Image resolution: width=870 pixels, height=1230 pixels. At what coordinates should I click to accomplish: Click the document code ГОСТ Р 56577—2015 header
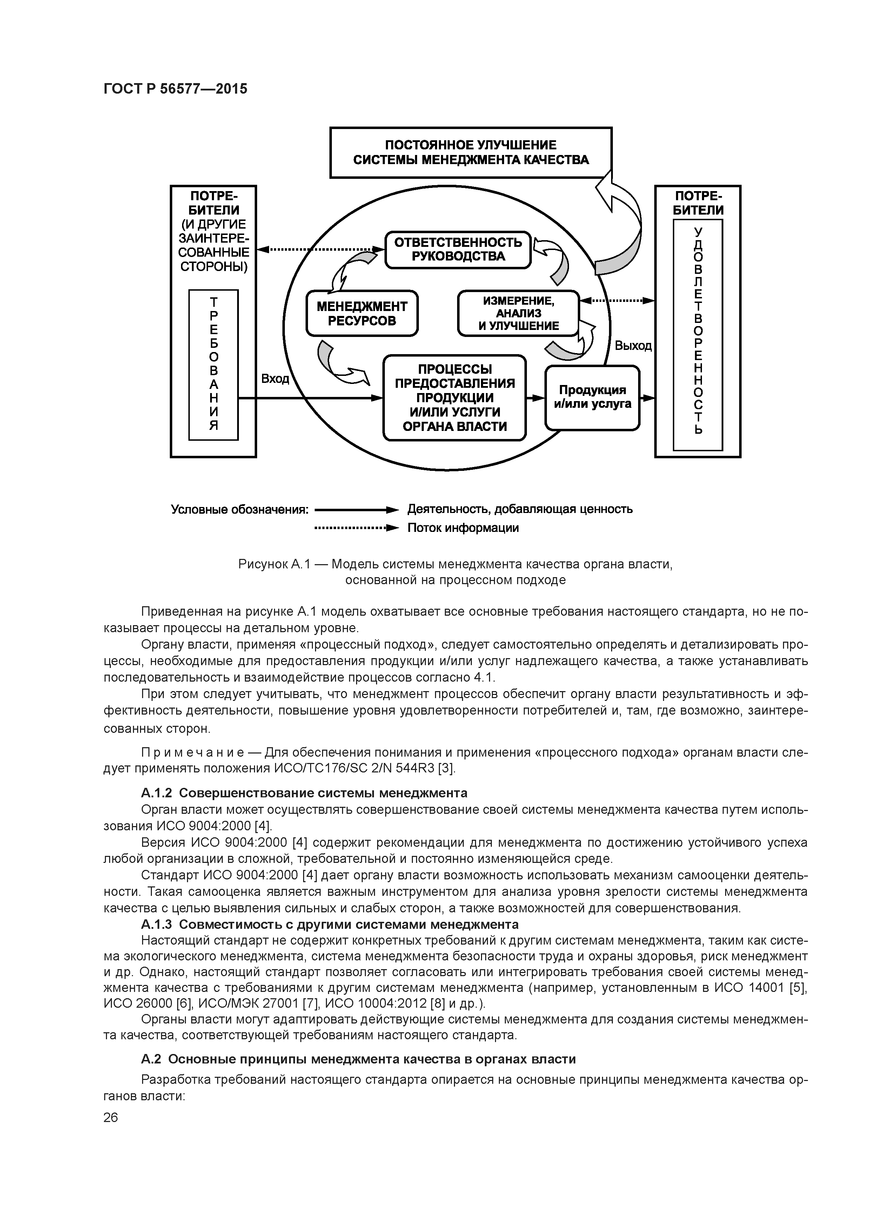(x=175, y=89)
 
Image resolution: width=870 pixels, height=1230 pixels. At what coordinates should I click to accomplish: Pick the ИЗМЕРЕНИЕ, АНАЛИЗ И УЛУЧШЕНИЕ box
(x=518, y=313)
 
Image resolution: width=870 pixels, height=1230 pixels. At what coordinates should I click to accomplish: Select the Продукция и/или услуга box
(x=592, y=398)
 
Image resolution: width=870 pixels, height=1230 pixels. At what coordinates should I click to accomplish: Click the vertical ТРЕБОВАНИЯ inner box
(x=213, y=365)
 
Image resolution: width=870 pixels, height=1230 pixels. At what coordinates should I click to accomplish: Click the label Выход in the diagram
(x=633, y=346)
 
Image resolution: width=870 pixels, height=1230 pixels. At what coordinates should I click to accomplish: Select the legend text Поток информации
(x=463, y=528)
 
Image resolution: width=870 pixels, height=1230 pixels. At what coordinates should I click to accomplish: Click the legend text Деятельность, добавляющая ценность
(x=520, y=509)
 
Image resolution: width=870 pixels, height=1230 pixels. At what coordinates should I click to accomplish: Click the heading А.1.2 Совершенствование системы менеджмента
(x=303, y=792)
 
